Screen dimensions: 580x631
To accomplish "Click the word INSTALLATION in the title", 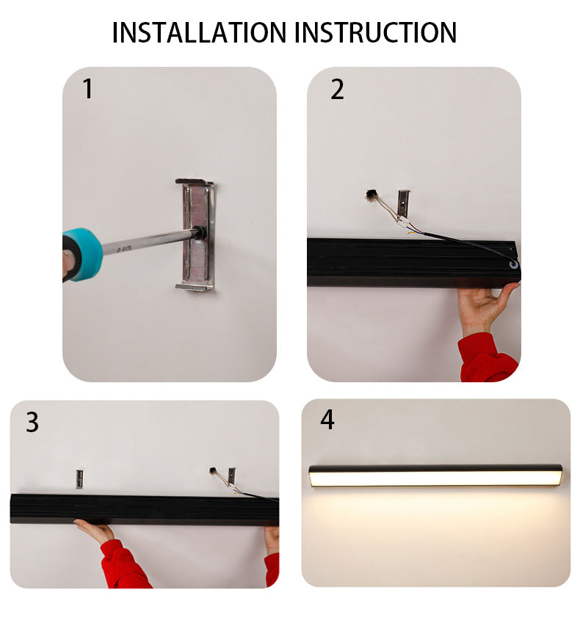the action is pyautogui.click(x=200, y=32).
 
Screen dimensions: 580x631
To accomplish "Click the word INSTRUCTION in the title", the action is pyautogui.click(x=376, y=32).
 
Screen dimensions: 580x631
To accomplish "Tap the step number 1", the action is pyautogui.click(x=88, y=89).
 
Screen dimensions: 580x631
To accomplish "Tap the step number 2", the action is pyautogui.click(x=338, y=90).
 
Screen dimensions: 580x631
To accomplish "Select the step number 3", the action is pyautogui.click(x=32, y=422).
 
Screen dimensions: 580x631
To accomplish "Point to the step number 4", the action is pyautogui.click(x=327, y=420).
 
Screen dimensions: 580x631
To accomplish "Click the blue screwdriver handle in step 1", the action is pyautogui.click(x=81, y=255).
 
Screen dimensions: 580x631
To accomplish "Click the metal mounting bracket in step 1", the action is pyautogui.click(x=196, y=236).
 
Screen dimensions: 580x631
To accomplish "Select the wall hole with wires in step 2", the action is pyautogui.click(x=370, y=194).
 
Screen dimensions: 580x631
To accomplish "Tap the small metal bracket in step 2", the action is pyautogui.click(x=404, y=203).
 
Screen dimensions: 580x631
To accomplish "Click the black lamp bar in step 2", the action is pyautogui.click(x=413, y=263).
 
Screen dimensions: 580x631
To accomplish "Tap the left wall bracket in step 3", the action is pyautogui.click(x=80, y=479).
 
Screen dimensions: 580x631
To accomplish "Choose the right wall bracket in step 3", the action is pyautogui.click(x=231, y=476).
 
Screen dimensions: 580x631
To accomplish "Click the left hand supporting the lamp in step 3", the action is pyautogui.click(x=95, y=531).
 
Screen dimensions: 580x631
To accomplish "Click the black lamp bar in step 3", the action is pyautogui.click(x=145, y=510).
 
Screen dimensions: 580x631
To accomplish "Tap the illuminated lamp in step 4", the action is pyautogui.click(x=435, y=475).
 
